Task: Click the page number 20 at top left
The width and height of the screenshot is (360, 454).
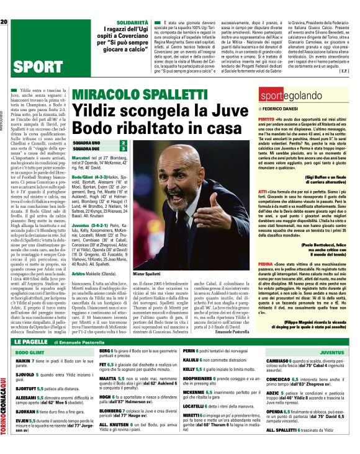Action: click(x=4, y=6)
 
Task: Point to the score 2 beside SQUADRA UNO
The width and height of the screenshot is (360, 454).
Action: click(x=124, y=143)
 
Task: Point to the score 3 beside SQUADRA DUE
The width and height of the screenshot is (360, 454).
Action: click(x=124, y=149)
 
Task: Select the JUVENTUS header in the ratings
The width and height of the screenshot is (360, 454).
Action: click(x=331, y=352)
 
